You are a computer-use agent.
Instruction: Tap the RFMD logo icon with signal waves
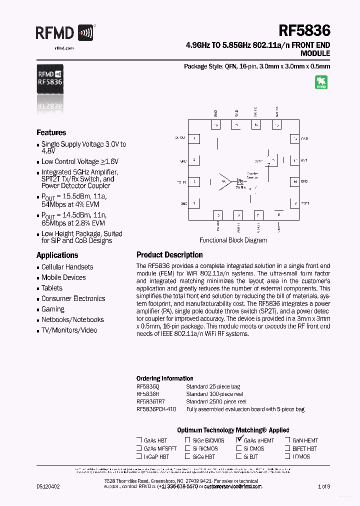point(86,33)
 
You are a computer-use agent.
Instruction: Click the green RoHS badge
point(321,82)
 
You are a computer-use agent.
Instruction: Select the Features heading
point(51,132)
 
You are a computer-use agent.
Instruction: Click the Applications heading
point(57,255)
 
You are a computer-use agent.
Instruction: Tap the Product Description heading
point(169,255)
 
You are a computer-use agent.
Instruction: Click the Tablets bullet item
point(52,288)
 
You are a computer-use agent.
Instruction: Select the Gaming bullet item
point(53,309)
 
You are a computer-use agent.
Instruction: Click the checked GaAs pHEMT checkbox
point(239,440)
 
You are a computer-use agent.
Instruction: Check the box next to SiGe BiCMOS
point(187,440)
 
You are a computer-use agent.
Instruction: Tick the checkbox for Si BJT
point(239,456)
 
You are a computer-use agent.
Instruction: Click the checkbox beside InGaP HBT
point(139,456)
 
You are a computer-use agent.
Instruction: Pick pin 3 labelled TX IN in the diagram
point(195,182)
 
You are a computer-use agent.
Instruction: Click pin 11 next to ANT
point(295,160)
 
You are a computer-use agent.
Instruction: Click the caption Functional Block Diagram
point(233,240)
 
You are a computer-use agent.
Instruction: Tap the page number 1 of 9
point(324,486)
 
